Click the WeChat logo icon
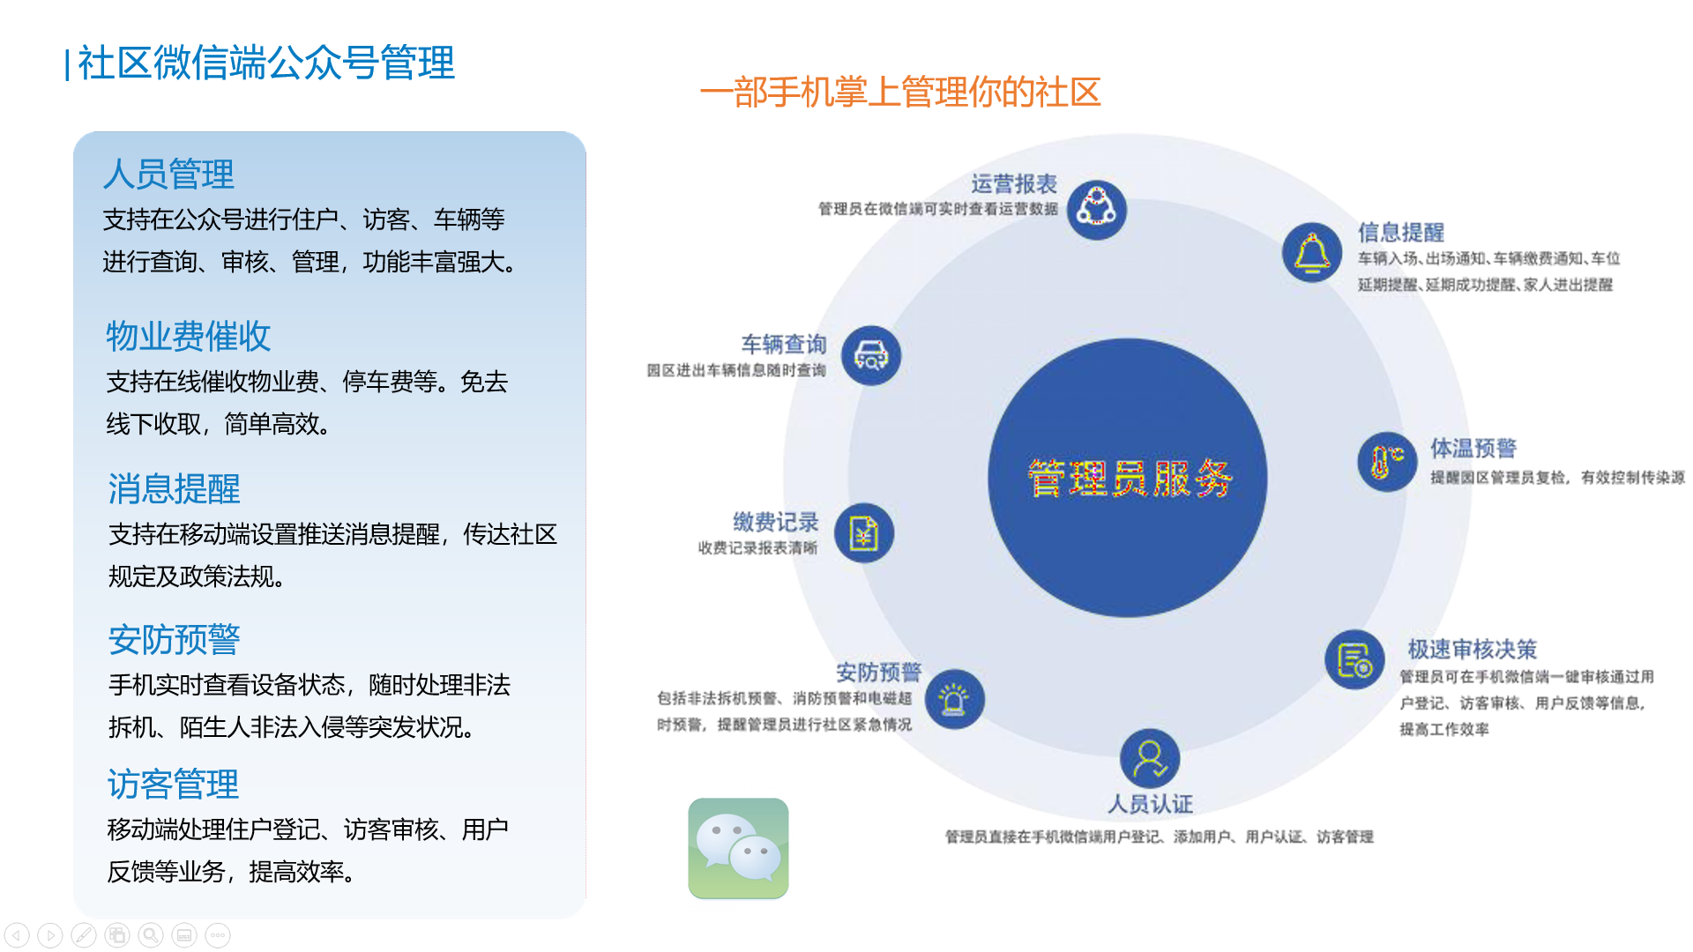point(738,848)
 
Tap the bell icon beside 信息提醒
point(1312,253)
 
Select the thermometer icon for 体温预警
point(1387,462)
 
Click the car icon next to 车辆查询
point(871,356)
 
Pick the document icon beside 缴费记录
point(864,533)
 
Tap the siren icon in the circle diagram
point(954,700)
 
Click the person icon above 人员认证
point(1150,759)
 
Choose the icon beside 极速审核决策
point(1354,660)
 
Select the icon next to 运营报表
point(1097,210)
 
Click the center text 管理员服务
point(1129,479)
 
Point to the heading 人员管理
point(168,174)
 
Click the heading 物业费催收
point(188,336)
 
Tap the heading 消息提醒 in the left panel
point(174,488)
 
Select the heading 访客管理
point(173,784)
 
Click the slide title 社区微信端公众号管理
point(265,63)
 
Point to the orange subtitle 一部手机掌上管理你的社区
point(900,93)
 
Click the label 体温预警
point(1473,449)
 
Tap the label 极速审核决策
point(1472,650)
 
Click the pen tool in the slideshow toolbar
point(84,935)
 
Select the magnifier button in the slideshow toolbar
point(151,935)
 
